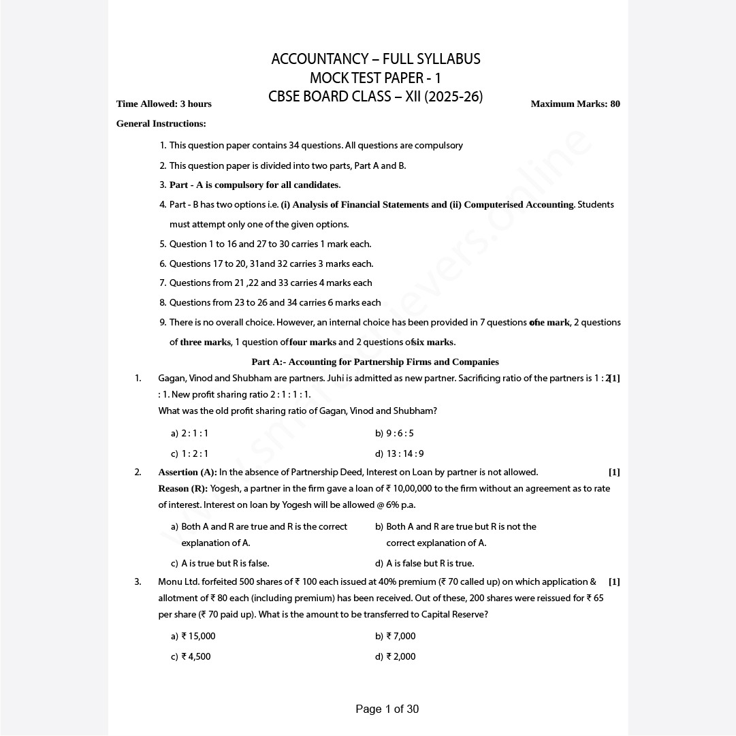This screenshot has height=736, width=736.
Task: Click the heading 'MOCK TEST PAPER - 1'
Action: [x=375, y=78]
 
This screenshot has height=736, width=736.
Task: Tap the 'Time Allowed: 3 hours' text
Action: [x=164, y=104]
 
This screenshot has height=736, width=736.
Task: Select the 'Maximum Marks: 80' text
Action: [x=575, y=104]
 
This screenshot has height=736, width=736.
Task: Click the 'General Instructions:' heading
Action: [x=161, y=124]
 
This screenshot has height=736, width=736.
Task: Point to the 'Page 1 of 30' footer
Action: [x=387, y=709]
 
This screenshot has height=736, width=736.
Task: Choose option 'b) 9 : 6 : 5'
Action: [x=394, y=434]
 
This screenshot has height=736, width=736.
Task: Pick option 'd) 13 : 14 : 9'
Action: [x=399, y=454]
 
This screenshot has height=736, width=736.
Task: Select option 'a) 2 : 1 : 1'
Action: [x=190, y=434]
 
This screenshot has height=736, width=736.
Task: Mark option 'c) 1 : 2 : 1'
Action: [x=190, y=454]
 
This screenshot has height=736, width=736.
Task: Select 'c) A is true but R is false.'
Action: [x=220, y=564]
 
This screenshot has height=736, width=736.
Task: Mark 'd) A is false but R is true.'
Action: [x=424, y=564]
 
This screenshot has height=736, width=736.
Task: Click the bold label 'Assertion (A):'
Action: [x=188, y=473]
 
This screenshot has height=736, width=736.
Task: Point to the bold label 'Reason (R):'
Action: [x=183, y=489]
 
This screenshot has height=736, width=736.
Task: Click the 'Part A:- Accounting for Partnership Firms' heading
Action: [x=375, y=362]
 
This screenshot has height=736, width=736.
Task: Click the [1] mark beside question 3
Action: [x=614, y=582]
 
